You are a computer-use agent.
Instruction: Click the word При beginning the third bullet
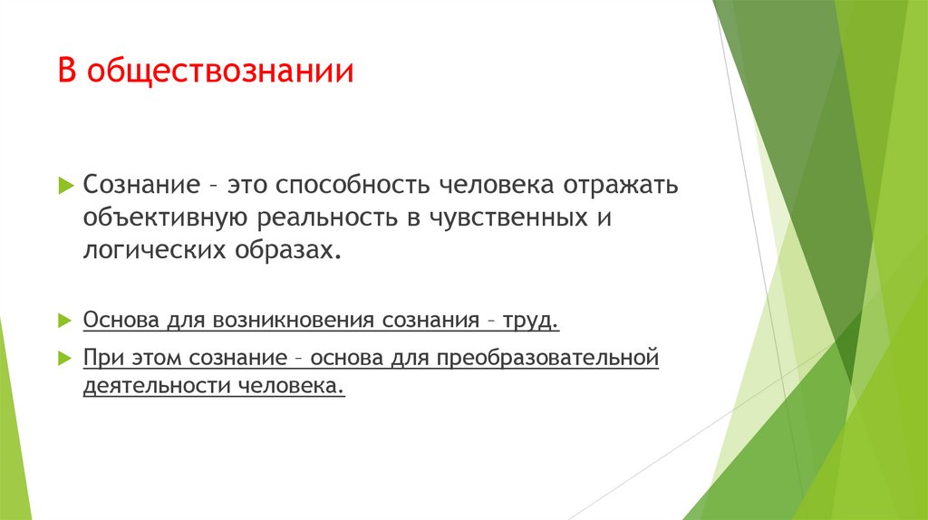pyautogui.click(x=100, y=357)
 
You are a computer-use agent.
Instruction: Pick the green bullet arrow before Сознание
pyautogui.click(x=64, y=185)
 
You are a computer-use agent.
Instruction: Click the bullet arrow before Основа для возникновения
pyautogui.click(x=64, y=322)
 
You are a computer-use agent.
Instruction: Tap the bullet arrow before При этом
pyautogui.click(x=64, y=357)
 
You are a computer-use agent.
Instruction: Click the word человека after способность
pyautogui.click(x=488, y=185)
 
